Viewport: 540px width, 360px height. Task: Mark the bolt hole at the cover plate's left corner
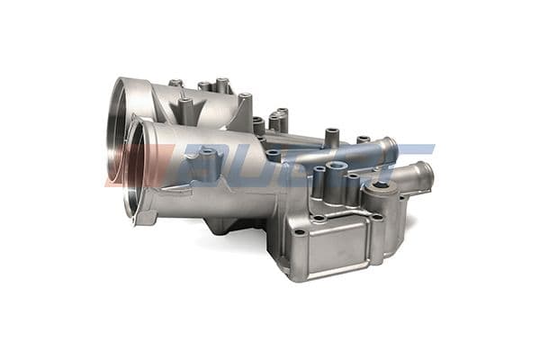297,233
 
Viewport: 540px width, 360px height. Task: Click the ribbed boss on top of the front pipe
207,163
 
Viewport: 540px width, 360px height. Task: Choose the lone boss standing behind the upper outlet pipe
331,138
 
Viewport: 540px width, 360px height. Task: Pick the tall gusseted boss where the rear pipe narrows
244,104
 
